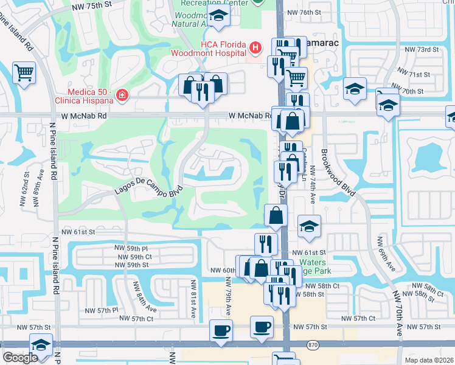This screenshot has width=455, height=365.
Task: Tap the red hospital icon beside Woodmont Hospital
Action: (x=256, y=47)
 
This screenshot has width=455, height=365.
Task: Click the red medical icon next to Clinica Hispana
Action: (x=122, y=95)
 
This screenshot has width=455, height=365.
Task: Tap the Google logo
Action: (x=20, y=358)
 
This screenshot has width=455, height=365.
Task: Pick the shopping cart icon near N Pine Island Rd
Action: (x=24, y=73)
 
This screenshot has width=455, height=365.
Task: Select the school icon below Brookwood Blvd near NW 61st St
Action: (x=309, y=227)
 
